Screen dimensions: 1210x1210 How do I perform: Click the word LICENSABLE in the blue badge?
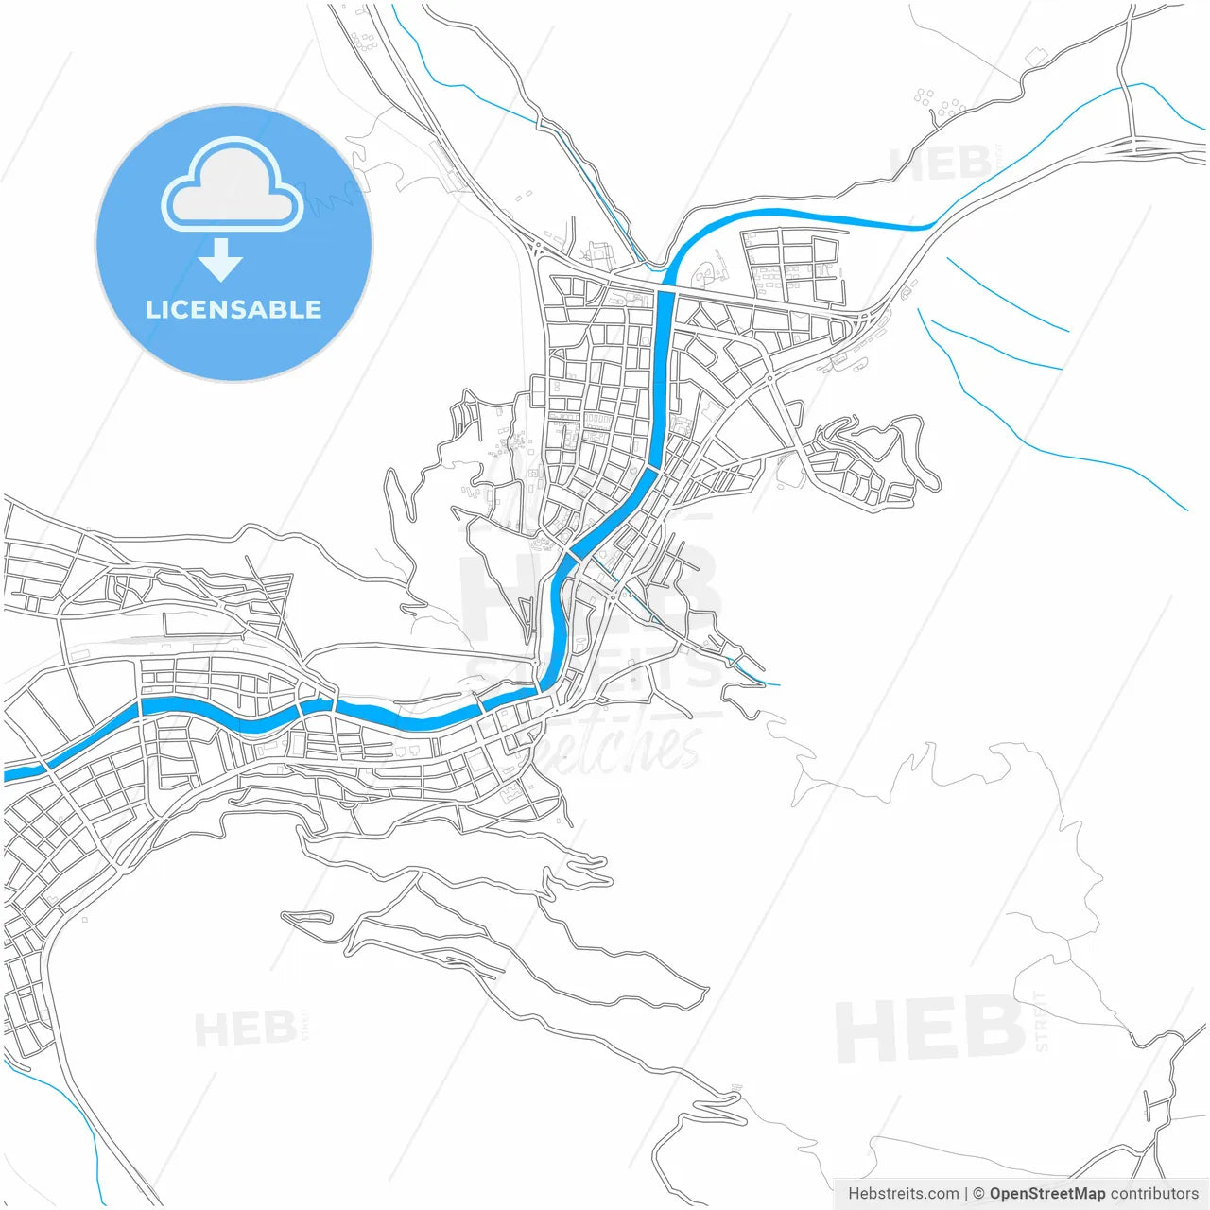[233, 309]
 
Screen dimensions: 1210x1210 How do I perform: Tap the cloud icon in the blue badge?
[232, 186]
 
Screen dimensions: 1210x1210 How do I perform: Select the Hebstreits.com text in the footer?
[903, 1194]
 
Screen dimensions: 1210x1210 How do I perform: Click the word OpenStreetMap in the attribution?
[1046, 1194]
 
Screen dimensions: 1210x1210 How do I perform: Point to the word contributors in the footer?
[1154, 1194]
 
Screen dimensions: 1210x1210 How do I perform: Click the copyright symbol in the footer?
[978, 1194]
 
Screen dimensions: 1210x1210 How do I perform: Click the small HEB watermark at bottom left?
[245, 1028]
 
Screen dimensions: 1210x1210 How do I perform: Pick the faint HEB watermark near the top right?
[941, 164]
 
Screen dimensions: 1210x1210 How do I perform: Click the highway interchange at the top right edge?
[1134, 146]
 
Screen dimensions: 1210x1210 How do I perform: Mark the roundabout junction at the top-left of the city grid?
[539, 248]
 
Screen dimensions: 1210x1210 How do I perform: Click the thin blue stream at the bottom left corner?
[90, 1134]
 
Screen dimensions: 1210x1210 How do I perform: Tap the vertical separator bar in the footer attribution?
[965, 1194]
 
